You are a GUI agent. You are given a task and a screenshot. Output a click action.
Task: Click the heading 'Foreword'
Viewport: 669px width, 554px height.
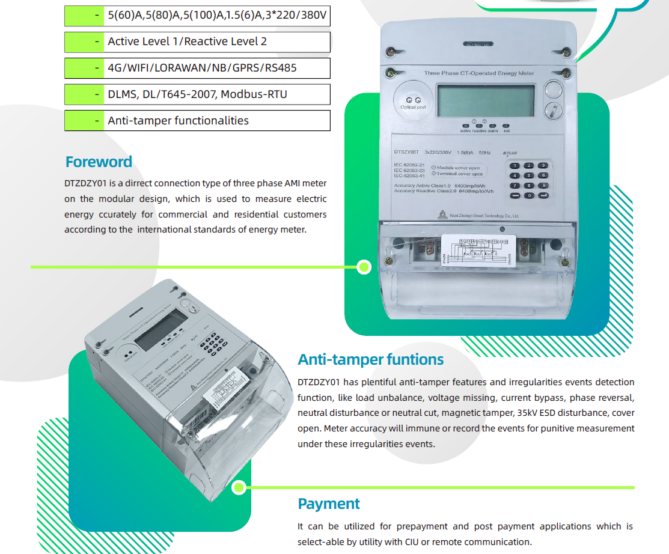(99, 162)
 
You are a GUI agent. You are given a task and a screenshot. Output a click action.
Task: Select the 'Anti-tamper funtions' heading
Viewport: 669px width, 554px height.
(370, 359)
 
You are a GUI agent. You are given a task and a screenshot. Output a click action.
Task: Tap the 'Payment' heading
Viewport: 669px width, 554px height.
(329, 504)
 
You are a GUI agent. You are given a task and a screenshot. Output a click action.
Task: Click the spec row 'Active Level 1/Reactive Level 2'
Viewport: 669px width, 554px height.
(197, 41)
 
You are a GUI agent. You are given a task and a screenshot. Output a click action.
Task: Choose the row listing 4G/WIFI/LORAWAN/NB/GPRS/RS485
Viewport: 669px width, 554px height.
(197, 68)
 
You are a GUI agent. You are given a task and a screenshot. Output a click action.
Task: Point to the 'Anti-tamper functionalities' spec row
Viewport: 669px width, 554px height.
(197, 121)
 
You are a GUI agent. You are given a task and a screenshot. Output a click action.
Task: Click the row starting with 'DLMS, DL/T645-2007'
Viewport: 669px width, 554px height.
(197, 94)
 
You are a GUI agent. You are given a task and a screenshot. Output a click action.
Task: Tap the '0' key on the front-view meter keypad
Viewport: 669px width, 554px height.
(529, 196)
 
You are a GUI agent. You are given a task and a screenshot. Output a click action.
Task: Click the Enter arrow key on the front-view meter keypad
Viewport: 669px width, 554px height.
(543, 196)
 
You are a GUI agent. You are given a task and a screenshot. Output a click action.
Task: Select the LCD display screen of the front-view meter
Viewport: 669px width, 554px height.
(486, 101)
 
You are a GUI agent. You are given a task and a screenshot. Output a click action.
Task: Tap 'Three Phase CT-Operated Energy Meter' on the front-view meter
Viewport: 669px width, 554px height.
(478, 73)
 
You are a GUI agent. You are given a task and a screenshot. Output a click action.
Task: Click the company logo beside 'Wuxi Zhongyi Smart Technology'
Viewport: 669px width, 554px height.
(442, 213)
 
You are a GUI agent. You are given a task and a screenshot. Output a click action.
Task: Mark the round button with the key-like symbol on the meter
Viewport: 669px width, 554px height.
(552, 111)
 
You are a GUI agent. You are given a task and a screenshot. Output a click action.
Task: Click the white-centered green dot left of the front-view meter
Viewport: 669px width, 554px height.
(364, 267)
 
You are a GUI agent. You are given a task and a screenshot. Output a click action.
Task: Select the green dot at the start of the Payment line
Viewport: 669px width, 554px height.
(239, 487)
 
